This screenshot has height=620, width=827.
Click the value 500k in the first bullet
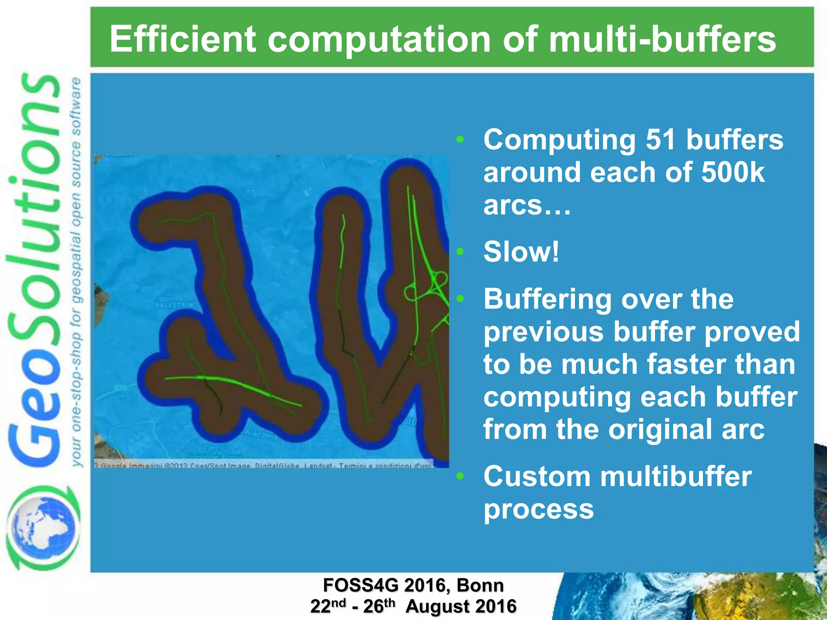click(733, 172)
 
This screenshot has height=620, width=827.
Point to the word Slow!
click(521, 251)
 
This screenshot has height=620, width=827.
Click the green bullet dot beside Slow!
click(460, 252)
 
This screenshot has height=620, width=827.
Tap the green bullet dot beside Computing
click(460, 140)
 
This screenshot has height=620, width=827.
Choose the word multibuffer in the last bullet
click(676, 476)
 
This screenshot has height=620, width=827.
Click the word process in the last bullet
click(539, 509)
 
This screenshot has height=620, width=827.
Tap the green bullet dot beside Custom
click(460, 476)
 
